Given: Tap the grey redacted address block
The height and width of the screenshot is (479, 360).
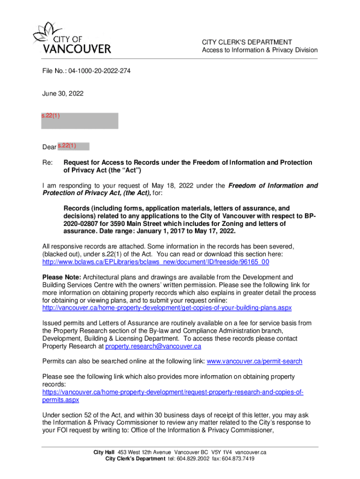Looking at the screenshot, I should pos(80,121).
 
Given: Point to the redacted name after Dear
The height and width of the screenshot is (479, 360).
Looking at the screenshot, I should pos(73,146).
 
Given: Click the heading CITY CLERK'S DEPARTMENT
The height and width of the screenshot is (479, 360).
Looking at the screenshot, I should pos(247,42).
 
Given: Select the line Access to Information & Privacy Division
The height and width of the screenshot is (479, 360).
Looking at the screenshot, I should pos(259,50).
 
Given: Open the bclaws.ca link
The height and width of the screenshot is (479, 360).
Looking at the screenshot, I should pos(156,262).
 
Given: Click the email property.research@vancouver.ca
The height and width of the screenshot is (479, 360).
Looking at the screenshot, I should pos(153,346).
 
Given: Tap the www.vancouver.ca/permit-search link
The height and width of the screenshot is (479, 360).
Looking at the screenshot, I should pos(254,361).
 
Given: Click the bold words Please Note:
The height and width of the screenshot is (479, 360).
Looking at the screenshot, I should pos(62,277).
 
